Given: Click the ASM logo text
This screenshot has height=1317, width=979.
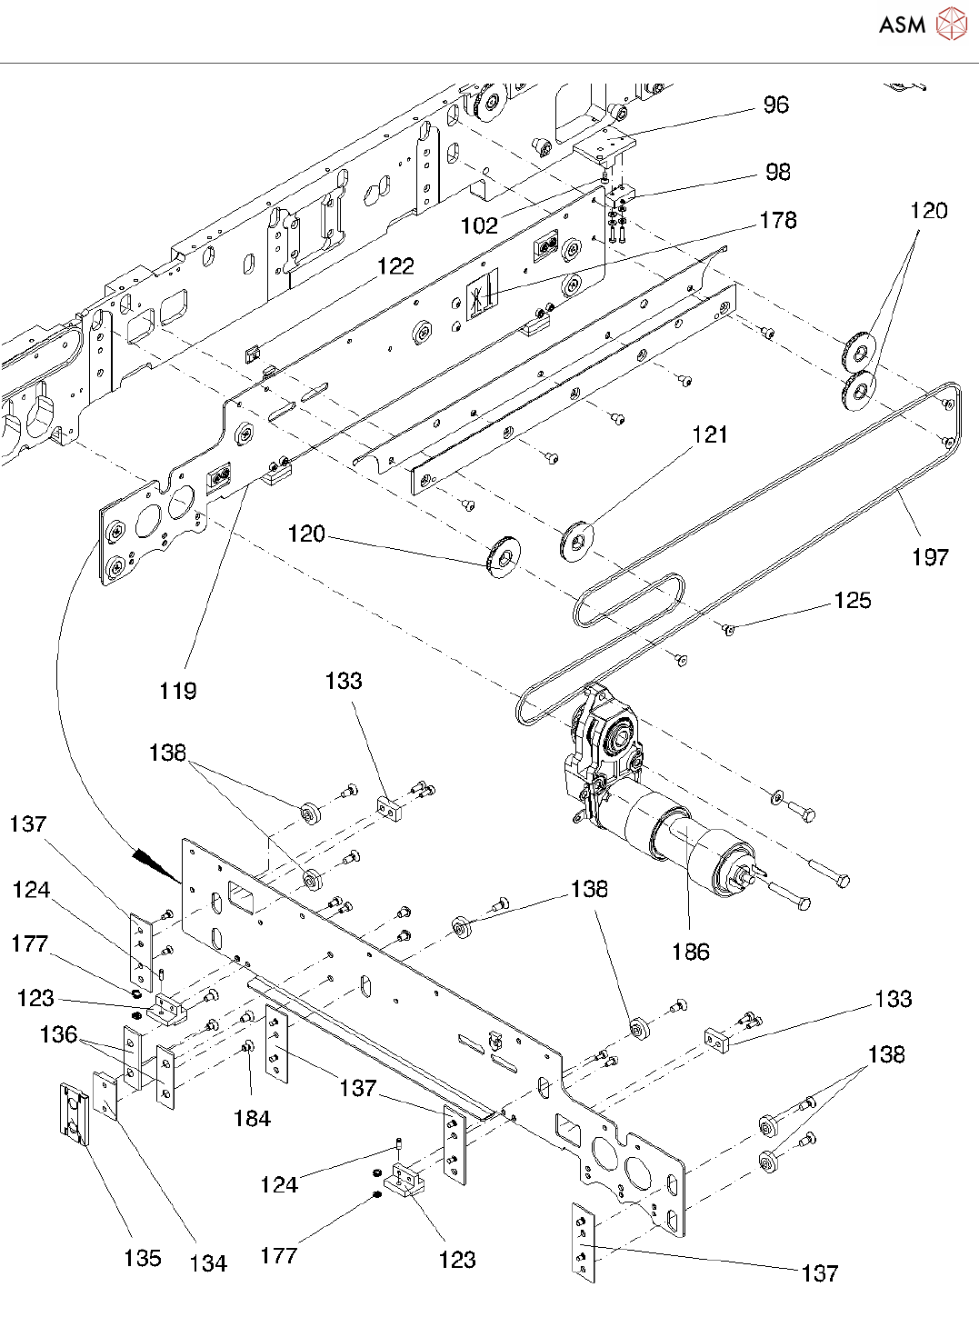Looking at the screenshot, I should (x=902, y=25).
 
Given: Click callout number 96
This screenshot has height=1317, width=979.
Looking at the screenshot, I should (x=775, y=105).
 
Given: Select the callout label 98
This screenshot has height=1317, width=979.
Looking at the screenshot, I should (x=778, y=172).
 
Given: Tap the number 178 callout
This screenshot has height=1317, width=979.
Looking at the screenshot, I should (x=778, y=220).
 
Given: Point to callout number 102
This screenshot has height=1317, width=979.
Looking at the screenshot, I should (x=479, y=225).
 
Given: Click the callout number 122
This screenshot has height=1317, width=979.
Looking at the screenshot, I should (x=395, y=265).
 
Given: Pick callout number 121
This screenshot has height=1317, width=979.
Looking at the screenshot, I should (x=710, y=434).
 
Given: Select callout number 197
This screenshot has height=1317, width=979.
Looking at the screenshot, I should (x=930, y=557).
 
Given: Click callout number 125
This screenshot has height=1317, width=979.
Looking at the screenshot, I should (x=853, y=600).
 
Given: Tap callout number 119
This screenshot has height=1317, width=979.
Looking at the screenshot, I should (x=177, y=691).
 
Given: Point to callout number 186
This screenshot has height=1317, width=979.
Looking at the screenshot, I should (x=691, y=952).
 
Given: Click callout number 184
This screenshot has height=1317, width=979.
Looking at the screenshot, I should (x=252, y=1119).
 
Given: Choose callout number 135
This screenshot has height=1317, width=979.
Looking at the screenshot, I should (x=143, y=1258).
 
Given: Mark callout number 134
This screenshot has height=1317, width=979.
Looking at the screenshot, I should (x=208, y=1262).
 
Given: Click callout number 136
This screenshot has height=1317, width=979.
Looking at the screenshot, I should (x=58, y=1034).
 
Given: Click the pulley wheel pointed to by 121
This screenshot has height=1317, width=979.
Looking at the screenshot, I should (x=576, y=539).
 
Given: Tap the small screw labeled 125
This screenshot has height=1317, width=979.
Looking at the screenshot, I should (x=728, y=627).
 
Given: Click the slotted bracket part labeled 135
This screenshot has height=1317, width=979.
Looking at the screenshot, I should (x=73, y=1112).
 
